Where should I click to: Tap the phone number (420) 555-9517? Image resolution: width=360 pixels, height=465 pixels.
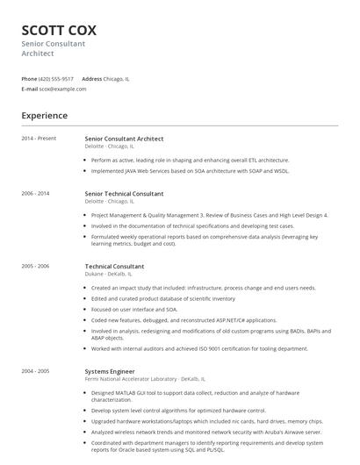click(x=56, y=78)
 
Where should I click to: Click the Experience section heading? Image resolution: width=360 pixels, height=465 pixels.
click(x=44, y=115)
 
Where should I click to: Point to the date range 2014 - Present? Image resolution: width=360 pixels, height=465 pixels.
click(x=39, y=139)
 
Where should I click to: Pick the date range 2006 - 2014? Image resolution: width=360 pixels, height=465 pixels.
click(x=35, y=193)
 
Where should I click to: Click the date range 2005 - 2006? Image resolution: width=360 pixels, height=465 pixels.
click(x=35, y=266)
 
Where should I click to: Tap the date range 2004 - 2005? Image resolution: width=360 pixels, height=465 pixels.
click(x=35, y=371)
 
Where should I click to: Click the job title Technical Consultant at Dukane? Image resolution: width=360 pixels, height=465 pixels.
click(x=114, y=266)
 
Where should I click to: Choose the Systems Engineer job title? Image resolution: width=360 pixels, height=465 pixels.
click(x=110, y=371)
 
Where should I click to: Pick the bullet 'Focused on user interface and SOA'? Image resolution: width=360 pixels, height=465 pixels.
click(x=133, y=309)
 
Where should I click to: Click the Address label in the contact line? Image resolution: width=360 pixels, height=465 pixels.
click(x=91, y=78)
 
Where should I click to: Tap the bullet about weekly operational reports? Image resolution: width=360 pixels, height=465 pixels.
click(x=204, y=240)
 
